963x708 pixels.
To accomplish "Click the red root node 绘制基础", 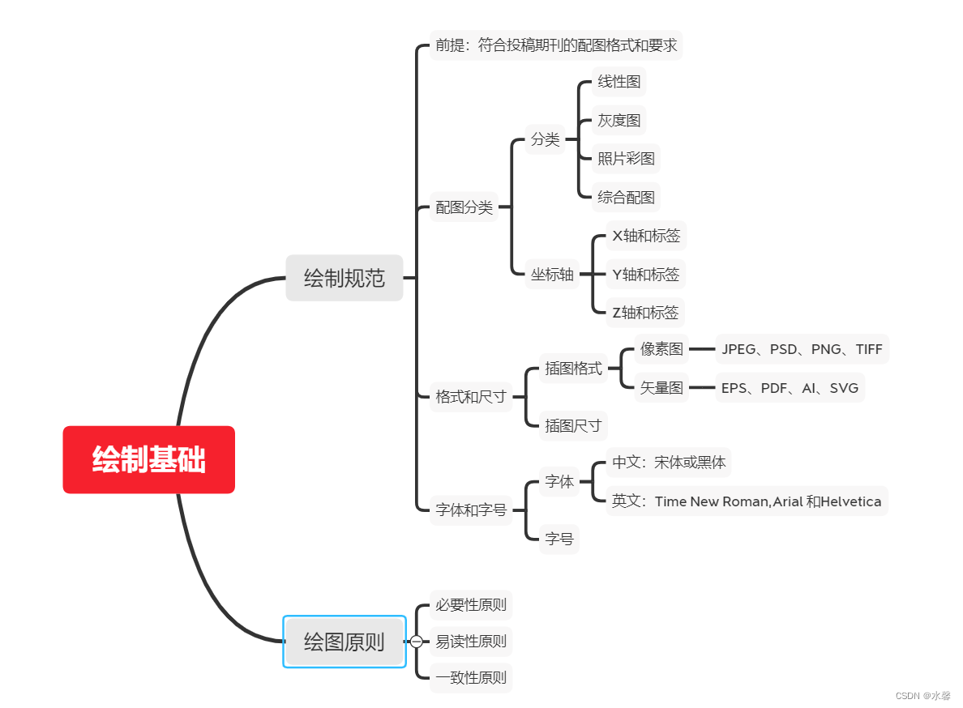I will point(148,459).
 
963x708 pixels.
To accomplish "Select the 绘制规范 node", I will point(344,278).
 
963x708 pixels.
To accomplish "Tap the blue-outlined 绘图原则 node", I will point(344,642).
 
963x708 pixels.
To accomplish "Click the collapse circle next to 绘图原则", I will point(416,642).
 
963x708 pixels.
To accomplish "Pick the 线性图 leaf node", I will point(619,82).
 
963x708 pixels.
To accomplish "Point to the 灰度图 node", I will point(619,120).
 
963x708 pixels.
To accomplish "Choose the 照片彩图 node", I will point(626,158).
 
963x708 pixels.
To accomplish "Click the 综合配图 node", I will point(626,197).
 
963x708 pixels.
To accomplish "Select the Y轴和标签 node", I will point(646,274).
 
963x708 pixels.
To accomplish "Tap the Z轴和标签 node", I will point(646,312).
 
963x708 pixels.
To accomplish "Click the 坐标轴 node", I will point(552,274).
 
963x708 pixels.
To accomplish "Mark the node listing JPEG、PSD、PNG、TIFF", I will point(802,350).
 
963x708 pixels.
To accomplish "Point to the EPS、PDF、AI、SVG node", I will point(790,388).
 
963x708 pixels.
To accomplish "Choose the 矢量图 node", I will point(661,388).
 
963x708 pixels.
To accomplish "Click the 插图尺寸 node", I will point(573,425).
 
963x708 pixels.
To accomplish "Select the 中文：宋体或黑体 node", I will point(669,463).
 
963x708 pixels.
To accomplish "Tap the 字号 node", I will point(559,539).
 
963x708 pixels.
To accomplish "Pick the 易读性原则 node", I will point(471,642).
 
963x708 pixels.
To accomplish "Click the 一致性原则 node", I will point(471,677).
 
